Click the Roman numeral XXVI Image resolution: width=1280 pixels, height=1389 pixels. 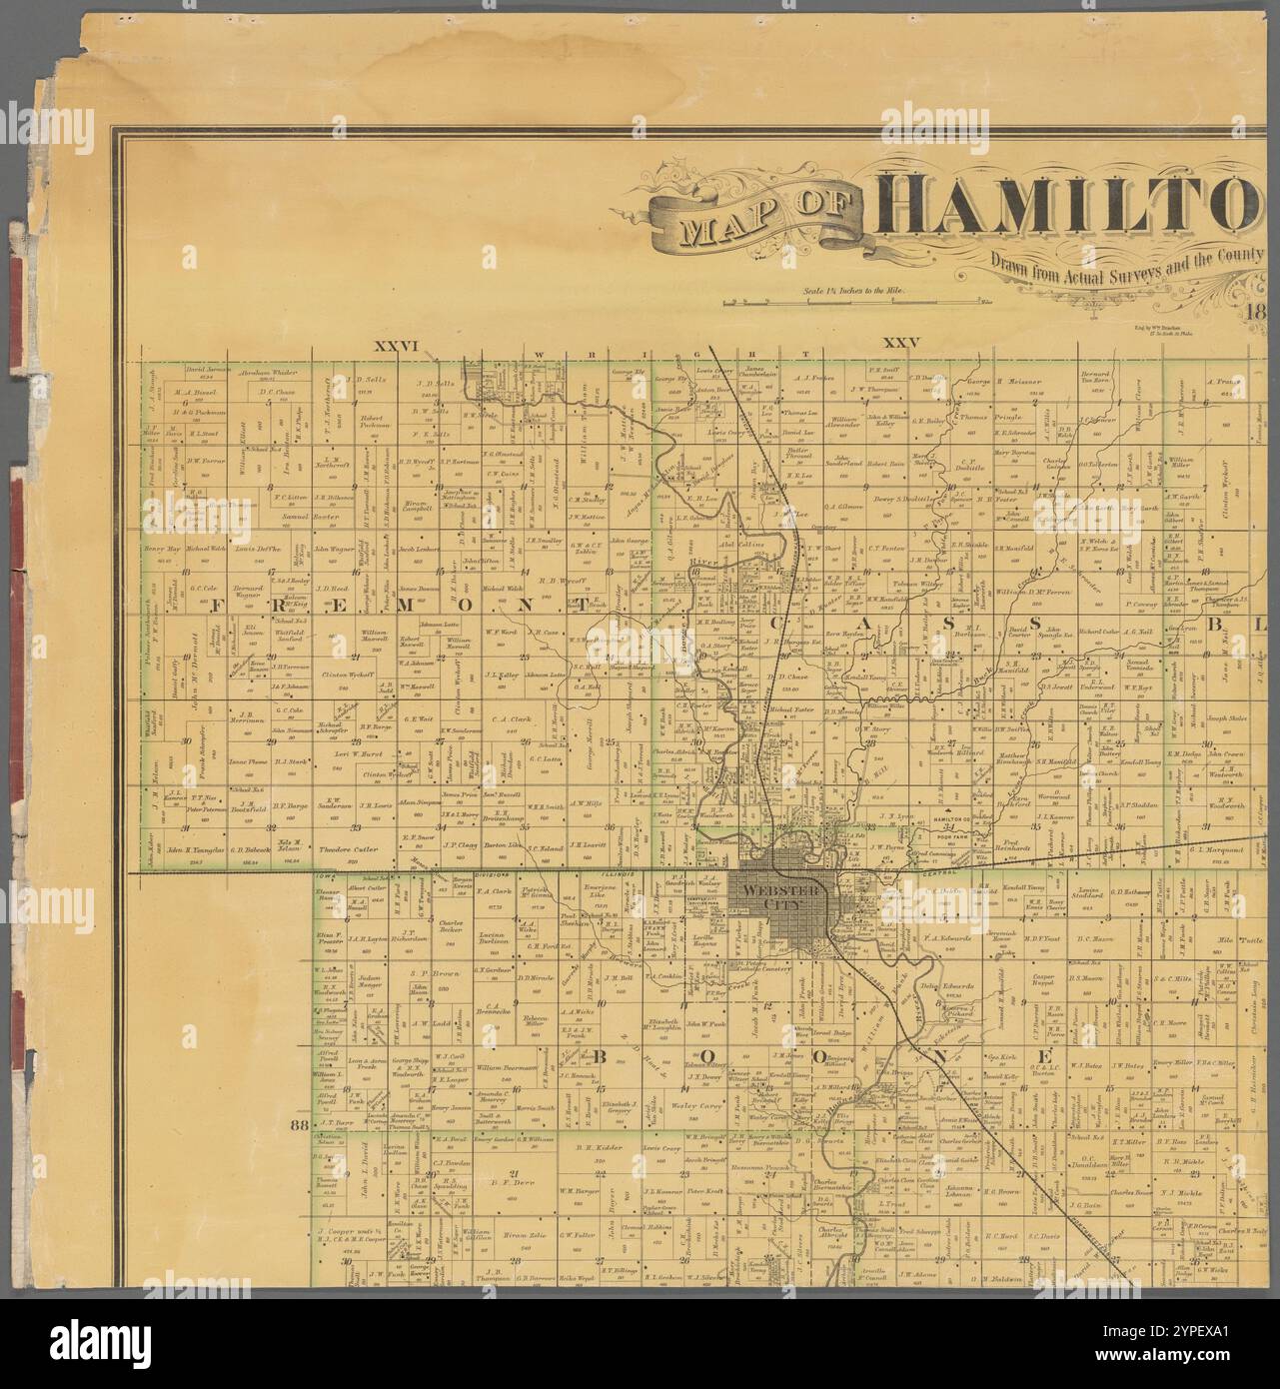(x=395, y=346)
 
